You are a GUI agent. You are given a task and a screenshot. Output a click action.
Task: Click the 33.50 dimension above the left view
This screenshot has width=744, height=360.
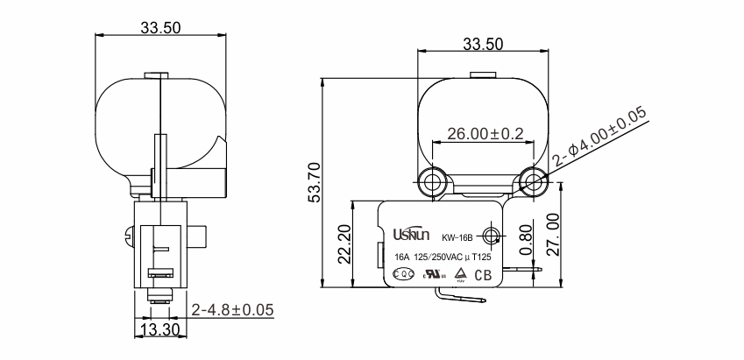[160, 27]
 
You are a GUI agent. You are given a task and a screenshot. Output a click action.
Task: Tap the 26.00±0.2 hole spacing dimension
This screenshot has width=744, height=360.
[484, 134]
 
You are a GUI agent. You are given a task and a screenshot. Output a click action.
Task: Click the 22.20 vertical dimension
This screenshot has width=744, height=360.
[343, 243]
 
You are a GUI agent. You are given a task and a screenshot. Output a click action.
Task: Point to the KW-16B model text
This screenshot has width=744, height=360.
[457, 236]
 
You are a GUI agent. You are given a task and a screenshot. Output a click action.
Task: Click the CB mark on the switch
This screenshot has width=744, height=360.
[483, 275]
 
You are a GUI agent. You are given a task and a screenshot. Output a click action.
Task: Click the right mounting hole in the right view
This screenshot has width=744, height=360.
[532, 181]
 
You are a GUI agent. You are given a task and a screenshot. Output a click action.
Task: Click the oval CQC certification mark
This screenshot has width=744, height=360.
[403, 274]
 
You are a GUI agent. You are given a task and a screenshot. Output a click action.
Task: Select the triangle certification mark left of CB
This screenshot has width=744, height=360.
[460, 273]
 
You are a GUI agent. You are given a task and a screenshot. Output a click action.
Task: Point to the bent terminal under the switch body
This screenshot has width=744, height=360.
[461, 297]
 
